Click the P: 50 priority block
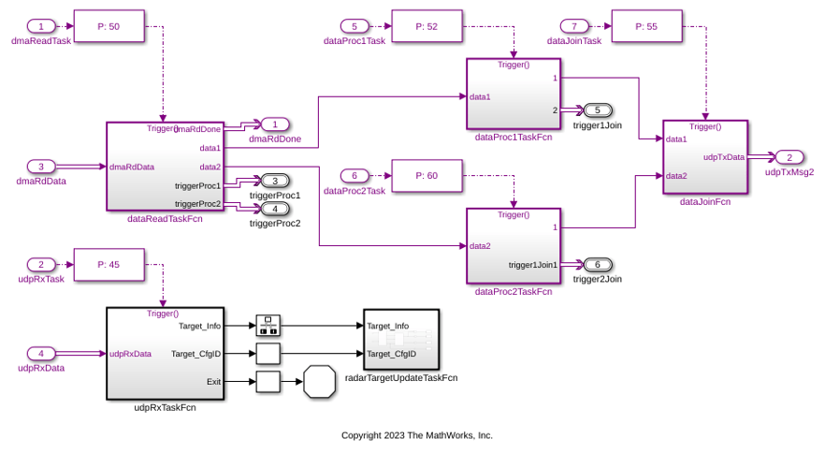tap(109, 26)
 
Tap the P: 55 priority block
tap(646, 26)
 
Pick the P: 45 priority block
tap(109, 264)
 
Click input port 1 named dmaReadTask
tap(41, 26)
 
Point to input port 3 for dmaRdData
tap(41, 167)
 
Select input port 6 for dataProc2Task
tap(348, 175)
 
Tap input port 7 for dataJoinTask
tap(573, 26)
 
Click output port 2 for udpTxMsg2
tap(789, 157)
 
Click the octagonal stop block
tap(319, 382)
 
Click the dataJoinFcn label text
tap(704, 202)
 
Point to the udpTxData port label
tap(723, 157)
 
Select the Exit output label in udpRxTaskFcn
tap(213, 382)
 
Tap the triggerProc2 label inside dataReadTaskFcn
tap(197, 204)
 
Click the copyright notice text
tap(416, 435)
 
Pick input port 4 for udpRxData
tap(41, 354)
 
